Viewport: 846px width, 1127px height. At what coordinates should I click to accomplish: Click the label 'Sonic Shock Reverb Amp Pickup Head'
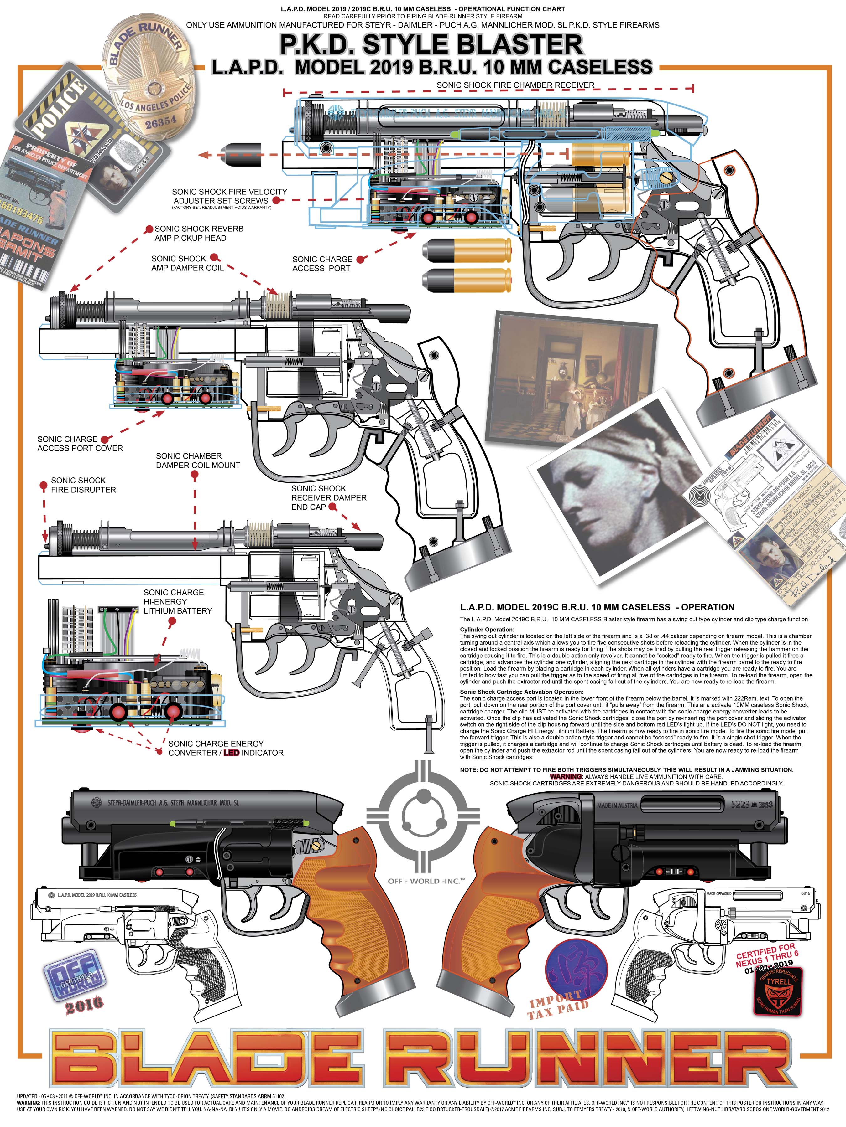click(x=199, y=233)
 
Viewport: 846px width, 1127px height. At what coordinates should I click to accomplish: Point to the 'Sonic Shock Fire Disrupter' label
click(x=83, y=485)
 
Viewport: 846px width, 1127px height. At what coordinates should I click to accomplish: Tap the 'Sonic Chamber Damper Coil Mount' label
click(x=197, y=461)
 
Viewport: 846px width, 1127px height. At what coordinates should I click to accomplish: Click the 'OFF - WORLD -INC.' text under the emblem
click(x=426, y=881)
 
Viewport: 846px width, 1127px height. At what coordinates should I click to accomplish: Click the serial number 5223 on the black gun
click(x=740, y=805)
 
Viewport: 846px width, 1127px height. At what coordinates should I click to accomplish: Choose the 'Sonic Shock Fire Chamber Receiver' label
click(x=515, y=85)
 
